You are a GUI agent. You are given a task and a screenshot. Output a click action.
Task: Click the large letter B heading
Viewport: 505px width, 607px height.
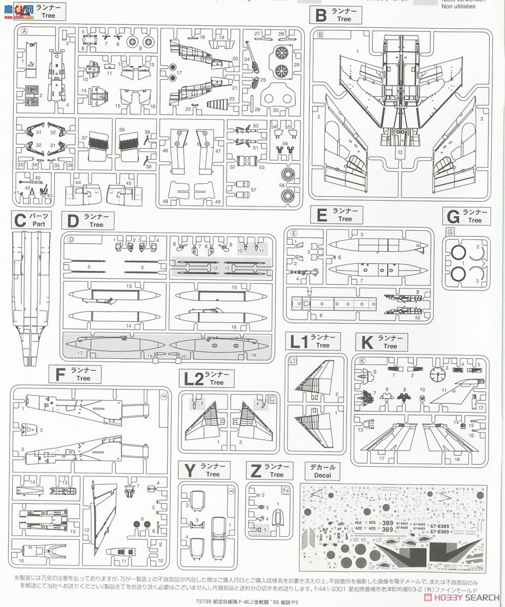pyautogui.click(x=321, y=15)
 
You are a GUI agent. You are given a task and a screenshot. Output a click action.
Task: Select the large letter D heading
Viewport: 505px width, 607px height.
pyautogui.click(x=73, y=221)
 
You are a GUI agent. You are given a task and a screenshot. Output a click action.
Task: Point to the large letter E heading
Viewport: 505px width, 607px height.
pyautogui.click(x=321, y=215)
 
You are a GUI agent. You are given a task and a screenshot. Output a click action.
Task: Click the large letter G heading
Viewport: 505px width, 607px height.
pyautogui.click(x=452, y=216)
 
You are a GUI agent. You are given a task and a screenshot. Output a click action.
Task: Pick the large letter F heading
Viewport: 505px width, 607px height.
pyautogui.click(x=60, y=374)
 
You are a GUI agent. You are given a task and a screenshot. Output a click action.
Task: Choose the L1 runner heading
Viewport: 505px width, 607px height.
pyautogui.click(x=299, y=341)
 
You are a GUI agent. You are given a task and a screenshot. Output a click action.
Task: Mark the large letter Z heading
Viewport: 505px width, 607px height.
pyautogui.click(x=256, y=470)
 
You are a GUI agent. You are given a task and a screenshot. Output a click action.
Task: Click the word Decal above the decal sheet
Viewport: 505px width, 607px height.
pyautogui.click(x=322, y=475)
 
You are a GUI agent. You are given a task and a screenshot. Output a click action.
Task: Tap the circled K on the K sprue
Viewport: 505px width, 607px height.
pyautogui.click(x=361, y=360)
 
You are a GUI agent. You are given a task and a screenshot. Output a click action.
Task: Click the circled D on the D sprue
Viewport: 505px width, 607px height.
pyautogui.click(x=71, y=239)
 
